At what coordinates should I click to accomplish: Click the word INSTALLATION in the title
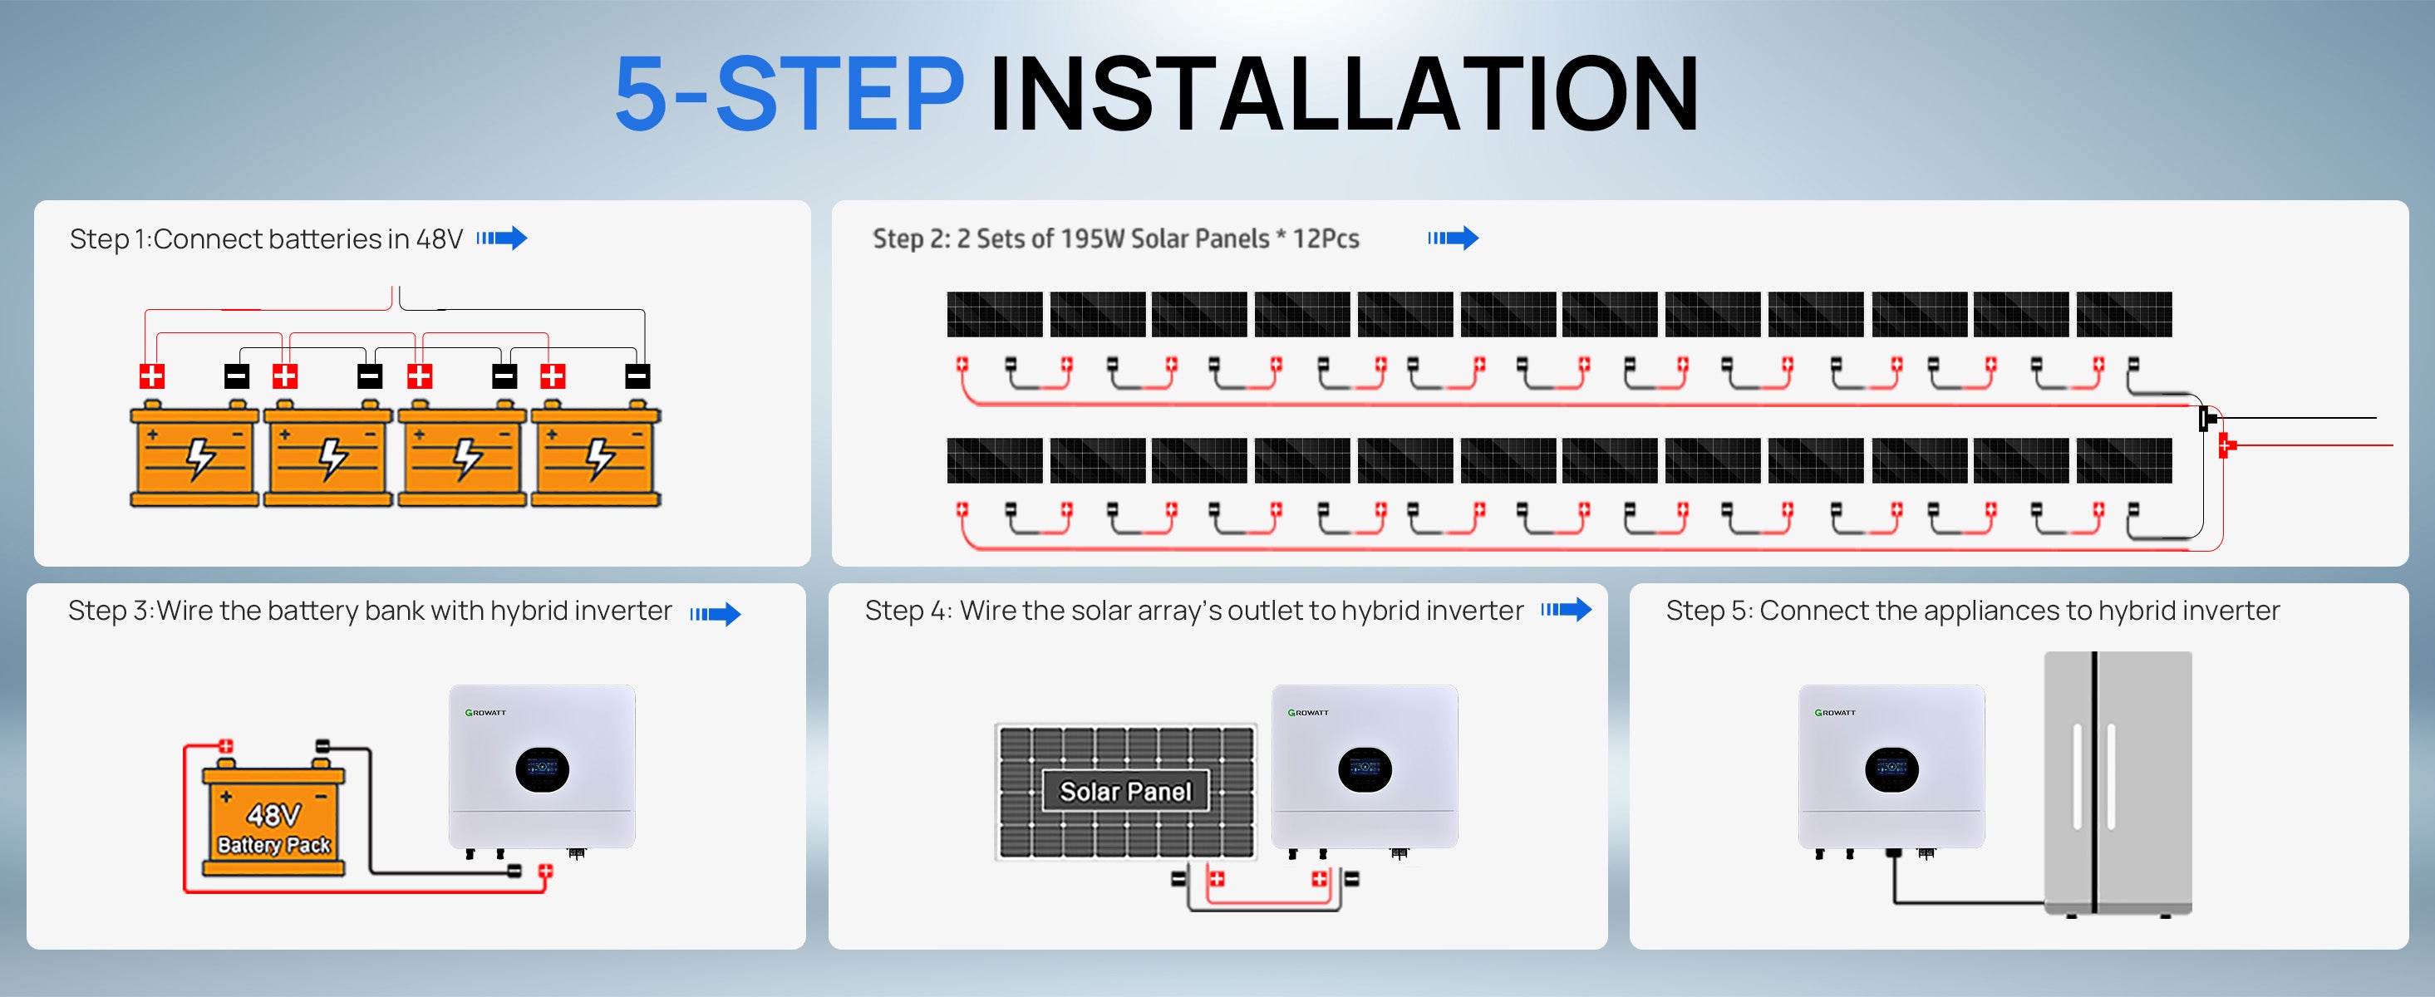coord(1344,94)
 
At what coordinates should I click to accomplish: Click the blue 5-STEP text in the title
coord(790,94)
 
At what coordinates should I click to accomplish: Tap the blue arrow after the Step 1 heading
coord(502,238)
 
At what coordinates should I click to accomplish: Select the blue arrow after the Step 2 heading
coord(1453,238)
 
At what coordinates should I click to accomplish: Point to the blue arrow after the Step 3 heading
coord(716,614)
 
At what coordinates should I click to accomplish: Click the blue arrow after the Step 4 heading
coord(1567,610)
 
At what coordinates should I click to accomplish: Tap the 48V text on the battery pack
coord(274,814)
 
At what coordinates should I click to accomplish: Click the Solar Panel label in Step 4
coord(1125,791)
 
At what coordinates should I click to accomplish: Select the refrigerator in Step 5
coord(2118,783)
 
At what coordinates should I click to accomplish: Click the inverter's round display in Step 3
coord(542,770)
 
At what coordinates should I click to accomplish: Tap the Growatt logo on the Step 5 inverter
coord(1835,713)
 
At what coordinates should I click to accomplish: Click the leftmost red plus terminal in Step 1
coord(151,376)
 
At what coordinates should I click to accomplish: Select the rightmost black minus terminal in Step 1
coord(638,376)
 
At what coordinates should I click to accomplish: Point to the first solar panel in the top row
coord(995,315)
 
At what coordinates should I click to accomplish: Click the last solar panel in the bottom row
coord(2124,460)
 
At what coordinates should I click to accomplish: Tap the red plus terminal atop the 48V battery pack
coord(226,747)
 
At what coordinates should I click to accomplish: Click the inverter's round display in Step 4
coord(1364,770)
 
